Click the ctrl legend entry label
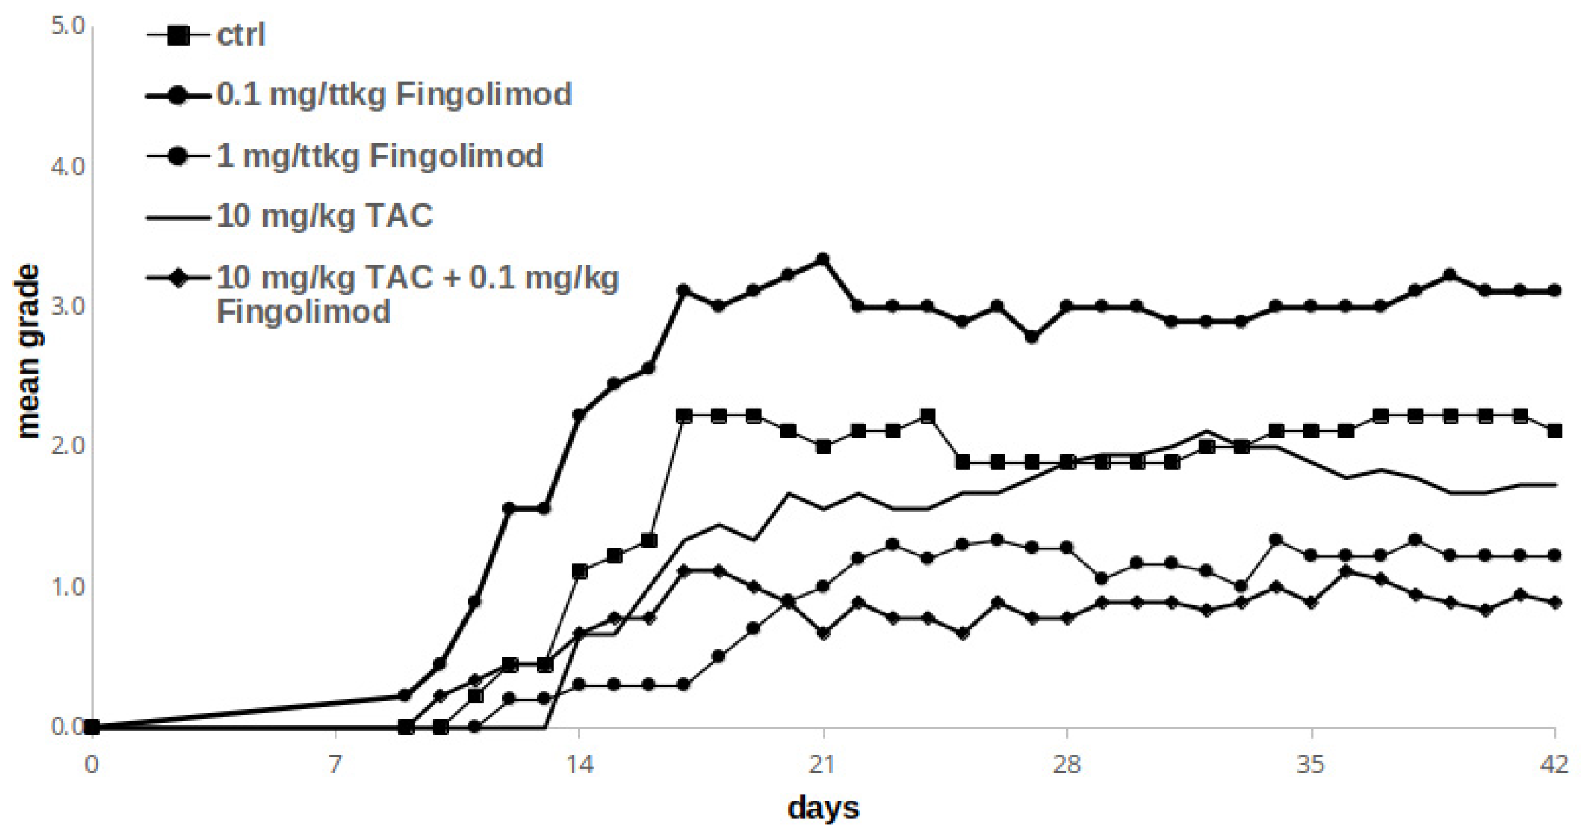(x=240, y=35)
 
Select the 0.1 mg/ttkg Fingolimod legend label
(x=394, y=95)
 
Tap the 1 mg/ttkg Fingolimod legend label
(x=380, y=156)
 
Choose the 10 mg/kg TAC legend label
(x=325, y=216)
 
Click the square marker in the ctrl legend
(x=178, y=35)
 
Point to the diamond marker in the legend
(x=178, y=279)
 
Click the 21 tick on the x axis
(x=822, y=765)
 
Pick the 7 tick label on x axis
(x=335, y=765)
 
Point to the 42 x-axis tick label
(x=1554, y=765)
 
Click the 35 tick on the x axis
(x=1311, y=765)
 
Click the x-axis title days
(x=822, y=808)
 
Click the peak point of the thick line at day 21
(x=822, y=260)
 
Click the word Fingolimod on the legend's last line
(x=304, y=311)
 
